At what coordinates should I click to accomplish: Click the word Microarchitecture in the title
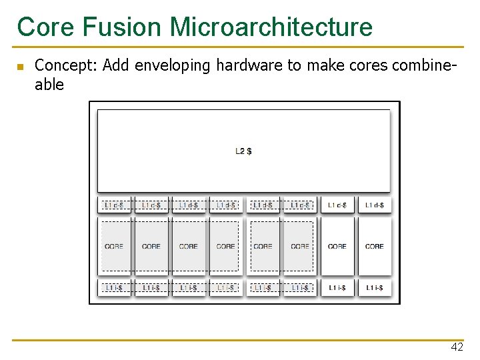click(271, 27)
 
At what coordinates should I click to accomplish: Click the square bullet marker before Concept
click(20, 67)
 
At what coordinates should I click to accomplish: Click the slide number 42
click(457, 347)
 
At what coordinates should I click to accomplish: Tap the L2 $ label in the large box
click(243, 151)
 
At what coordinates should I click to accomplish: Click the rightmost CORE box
click(375, 246)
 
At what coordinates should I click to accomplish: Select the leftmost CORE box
click(114, 246)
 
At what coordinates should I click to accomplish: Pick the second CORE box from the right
click(337, 246)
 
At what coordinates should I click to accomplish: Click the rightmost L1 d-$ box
click(375, 205)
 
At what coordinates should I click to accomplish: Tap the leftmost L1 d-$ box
click(114, 205)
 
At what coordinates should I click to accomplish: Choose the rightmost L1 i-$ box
click(375, 287)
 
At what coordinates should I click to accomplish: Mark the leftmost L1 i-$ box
click(114, 287)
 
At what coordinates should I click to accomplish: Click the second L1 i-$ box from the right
click(337, 287)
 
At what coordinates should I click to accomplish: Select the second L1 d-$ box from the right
click(337, 205)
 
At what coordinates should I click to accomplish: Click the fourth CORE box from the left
click(226, 246)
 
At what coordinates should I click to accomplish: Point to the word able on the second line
click(49, 85)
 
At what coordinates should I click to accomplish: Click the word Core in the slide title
click(42, 27)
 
